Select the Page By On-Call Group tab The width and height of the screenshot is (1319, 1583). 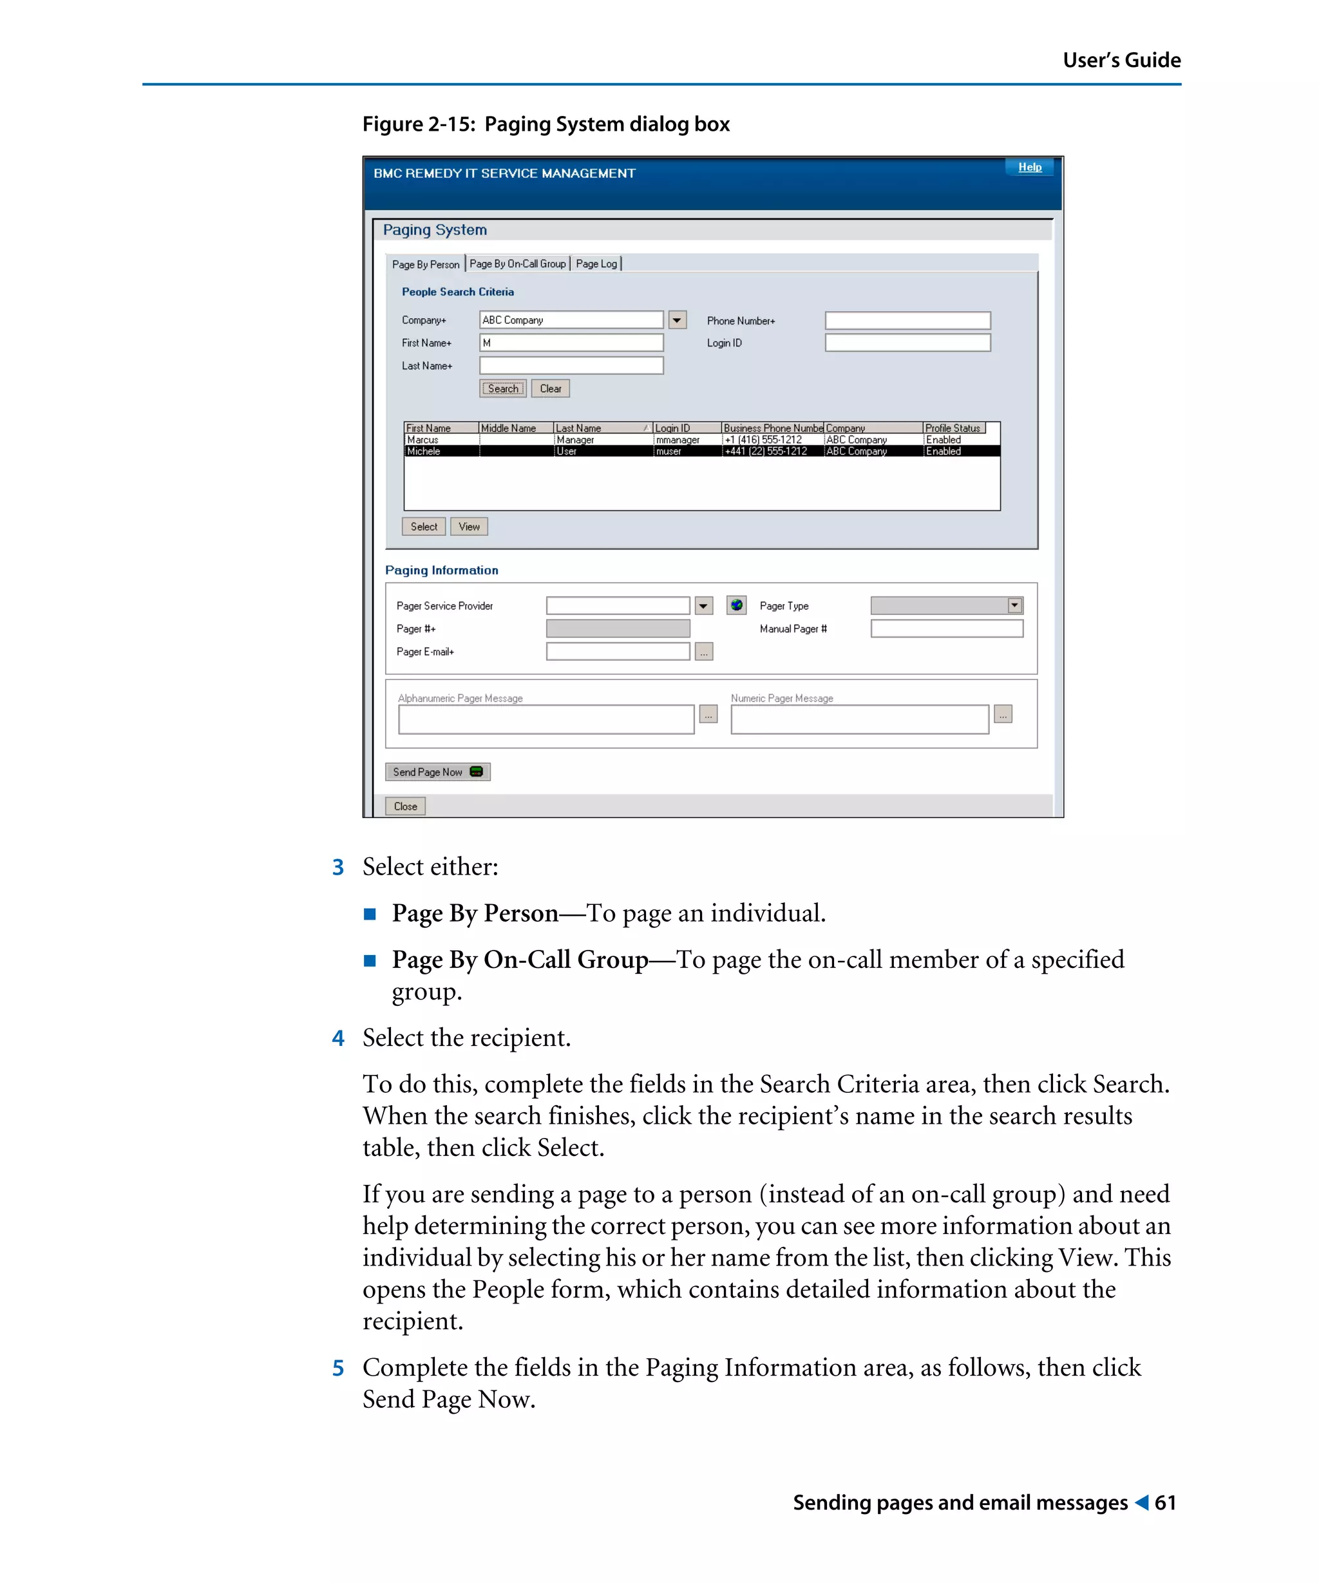pos(517,264)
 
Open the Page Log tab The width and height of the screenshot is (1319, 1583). pos(596,264)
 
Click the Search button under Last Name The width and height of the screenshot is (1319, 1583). pos(503,389)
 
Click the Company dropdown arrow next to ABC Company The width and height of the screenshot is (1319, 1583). pos(677,320)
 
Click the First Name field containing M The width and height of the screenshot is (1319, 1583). pos(571,343)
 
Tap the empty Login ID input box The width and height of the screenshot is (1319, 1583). pos(907,343)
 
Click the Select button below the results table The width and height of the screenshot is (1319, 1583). pos(424,527)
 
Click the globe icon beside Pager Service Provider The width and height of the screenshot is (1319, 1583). pos(736,605)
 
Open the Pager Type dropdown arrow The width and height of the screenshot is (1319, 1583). pos(1014,605)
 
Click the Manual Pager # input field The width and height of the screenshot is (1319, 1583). pos(946,629)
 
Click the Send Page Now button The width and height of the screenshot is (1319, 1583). pos(437,772)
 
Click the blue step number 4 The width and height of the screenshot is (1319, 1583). pos(338,1039)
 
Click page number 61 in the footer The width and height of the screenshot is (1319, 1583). pos(1164,1503)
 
